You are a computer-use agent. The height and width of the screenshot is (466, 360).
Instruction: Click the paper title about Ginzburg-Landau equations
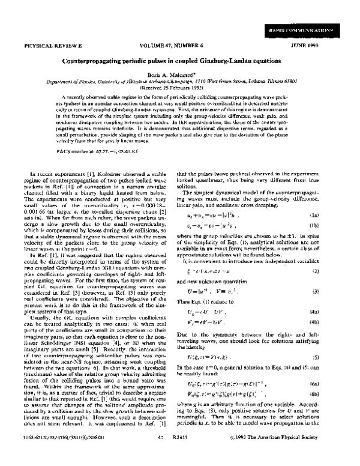(180, 61)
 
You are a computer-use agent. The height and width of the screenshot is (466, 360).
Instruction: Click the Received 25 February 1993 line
(180, 91)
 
